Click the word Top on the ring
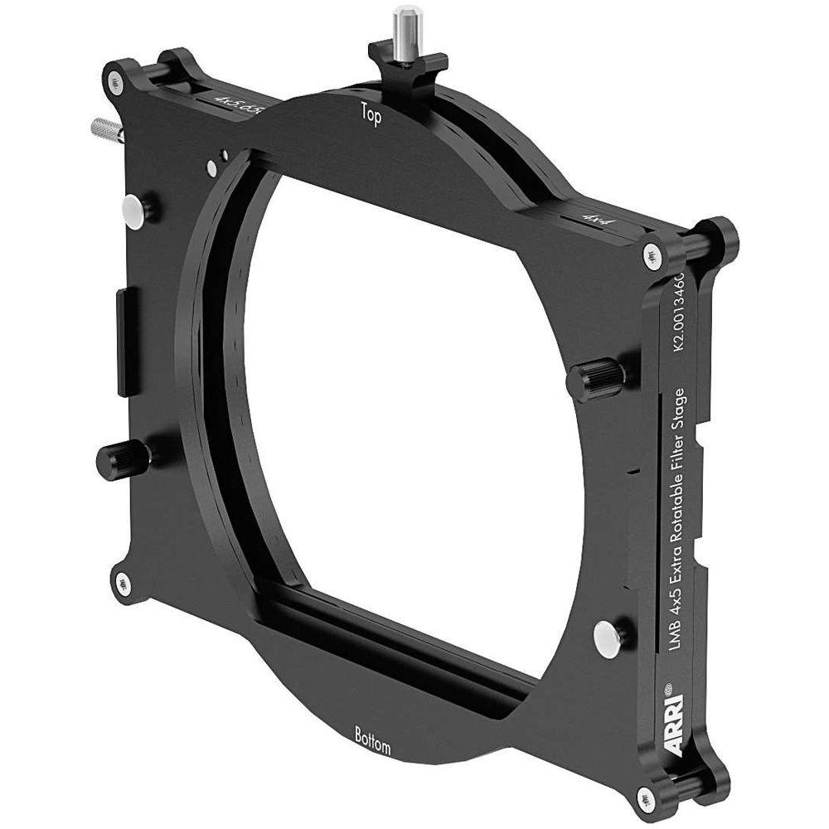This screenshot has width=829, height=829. coord(370,116)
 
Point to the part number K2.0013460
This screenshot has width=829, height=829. coord(677,315)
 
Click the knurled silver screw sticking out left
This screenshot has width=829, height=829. coord(104,129)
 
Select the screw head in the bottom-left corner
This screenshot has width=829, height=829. coord(123,583)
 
